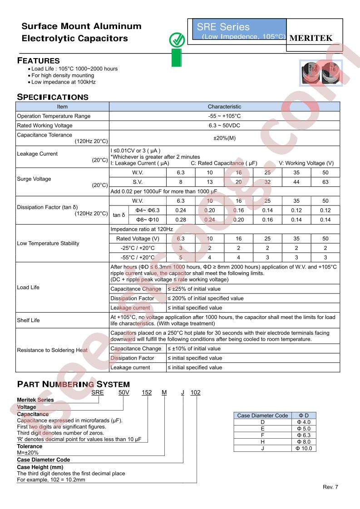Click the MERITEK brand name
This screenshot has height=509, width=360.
click(x=311, y=39)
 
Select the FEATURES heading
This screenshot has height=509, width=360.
click(x=38, y=61)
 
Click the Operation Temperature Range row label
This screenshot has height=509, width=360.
click(x=54, y=116)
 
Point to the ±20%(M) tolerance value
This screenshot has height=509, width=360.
click(x=224, y=138)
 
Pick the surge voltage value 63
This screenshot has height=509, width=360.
click(x=325, y=182)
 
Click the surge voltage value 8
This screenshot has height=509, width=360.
click(x=181, y=182)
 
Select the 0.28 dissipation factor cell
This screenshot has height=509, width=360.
click(x=181, y=220)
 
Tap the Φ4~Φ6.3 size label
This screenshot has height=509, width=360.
click(x=148, y=210)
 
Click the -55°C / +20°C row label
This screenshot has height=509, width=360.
click(x=138, y=258)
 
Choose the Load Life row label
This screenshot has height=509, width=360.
click(x=28, y=288)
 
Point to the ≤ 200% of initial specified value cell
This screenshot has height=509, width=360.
click(x=206, y=299)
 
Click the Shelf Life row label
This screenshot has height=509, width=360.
click(x=28, y=320)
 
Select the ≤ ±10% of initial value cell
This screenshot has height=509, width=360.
click(x=194, y=349)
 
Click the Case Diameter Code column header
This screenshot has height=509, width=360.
click(x=262, y=416)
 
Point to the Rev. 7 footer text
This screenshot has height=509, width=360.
click(x=330, y=487)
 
